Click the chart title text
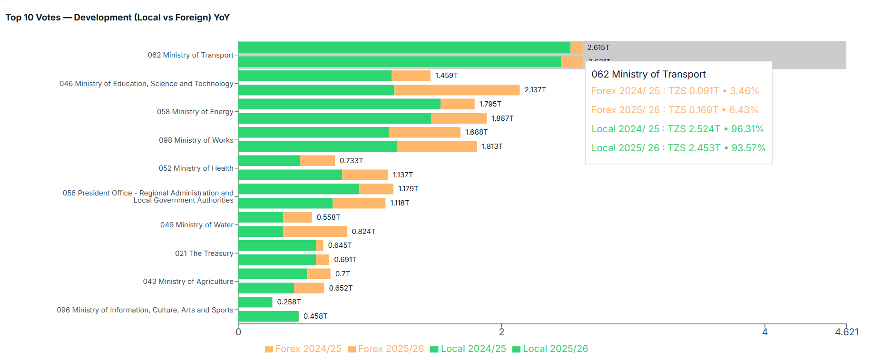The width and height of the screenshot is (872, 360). pyautogui.click(x=118, y=18)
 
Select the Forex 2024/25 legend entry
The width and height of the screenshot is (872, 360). pyautogui.click(x=303, y=349)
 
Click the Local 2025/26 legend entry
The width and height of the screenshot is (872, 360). pyautogui.click(x=550, y=349)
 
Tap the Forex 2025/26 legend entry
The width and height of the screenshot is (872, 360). pyautogui.click(x=385, y=349)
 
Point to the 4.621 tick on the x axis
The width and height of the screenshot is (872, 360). pyautogui.click(x=846, y=332)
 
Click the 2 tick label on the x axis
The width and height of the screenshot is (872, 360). pyautogui.click(x=501, y=332)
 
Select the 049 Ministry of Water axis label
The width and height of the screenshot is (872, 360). pyautogui.click(x=196, y=225)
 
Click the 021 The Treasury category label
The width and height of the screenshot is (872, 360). pyautogui.click(x=204, y=253)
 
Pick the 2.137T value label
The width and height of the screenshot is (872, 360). pyautogui.click(x=535, y=90)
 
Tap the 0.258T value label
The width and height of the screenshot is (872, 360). pyautogui.click(x=289, y=302)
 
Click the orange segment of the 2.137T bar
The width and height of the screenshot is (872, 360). pyautogui.click(x=457, y=90)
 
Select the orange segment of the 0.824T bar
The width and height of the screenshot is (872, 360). pyautogui.click(x=314, y=232)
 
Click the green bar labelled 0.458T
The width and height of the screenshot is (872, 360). pyautogui.click(x=268, y=316)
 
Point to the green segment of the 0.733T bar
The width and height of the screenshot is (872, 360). pyautogui.click(x=269, y=161)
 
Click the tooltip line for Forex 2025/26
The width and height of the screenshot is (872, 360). pyautogui.click(x=675, y=110)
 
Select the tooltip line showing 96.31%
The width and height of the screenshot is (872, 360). pyautogui.click(x=677, y=129)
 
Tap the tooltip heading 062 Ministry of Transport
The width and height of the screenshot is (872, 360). pyautogui.click(x=648, y=74)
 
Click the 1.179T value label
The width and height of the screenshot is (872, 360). pyautogui.click(x=408, y=189)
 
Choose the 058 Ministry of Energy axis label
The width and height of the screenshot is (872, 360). pyautogui.click(x=195, y=112)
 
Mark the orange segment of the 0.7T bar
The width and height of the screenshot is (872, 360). pyautogui.click(x=319, y=274)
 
